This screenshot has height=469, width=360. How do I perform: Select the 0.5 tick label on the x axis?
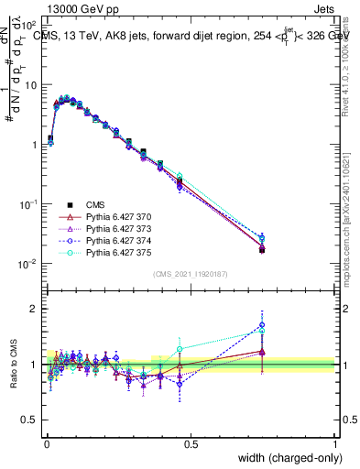(x=190, y=444)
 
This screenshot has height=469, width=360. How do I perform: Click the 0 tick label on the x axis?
(x=46, y=444)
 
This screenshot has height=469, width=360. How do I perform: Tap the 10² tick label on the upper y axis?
(x=27, y=26)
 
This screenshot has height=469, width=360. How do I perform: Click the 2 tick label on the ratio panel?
(x=34, y=309)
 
